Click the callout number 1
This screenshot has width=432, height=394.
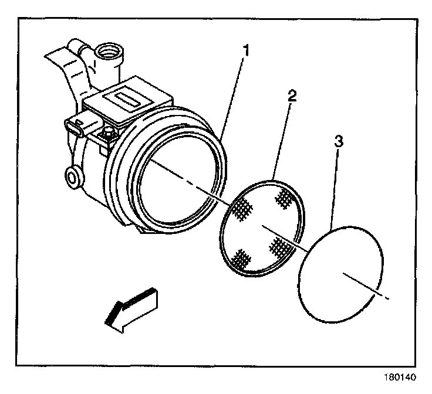click(247, 51)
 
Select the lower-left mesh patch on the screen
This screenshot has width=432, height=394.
click(240, 257)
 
